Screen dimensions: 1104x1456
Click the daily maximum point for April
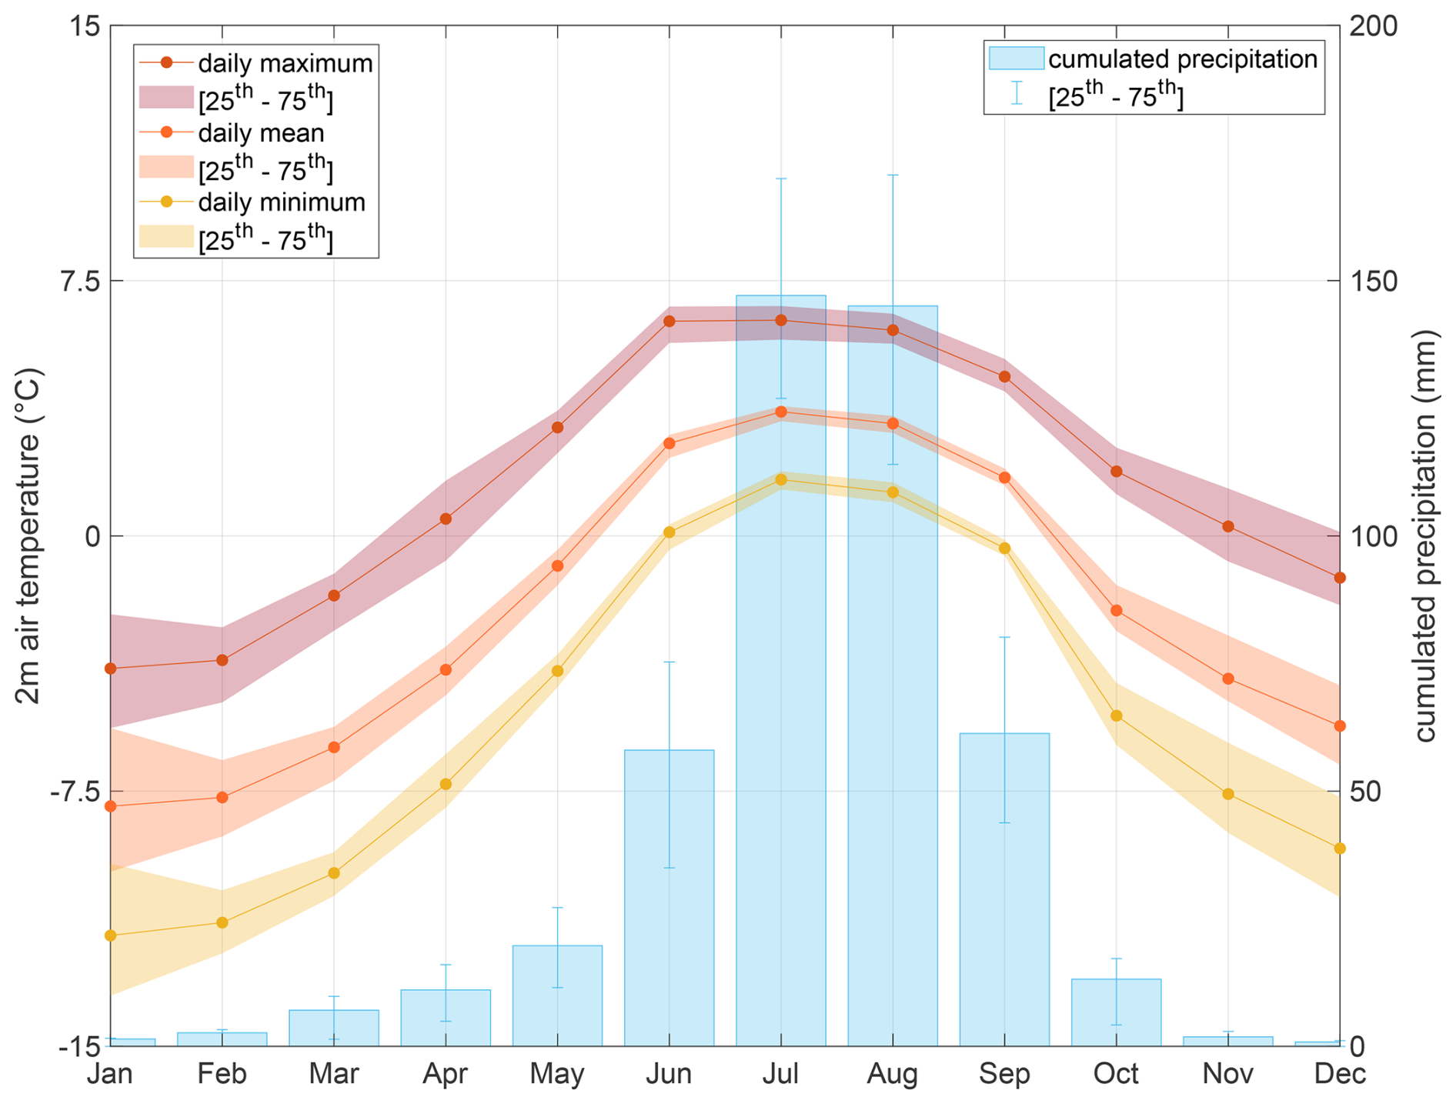pos(446,519)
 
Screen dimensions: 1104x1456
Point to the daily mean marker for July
pos(781,412)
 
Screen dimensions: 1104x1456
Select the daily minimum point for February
pos(222,922)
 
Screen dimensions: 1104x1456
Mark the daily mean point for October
pos(1116,610)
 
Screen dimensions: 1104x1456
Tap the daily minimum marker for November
pos(1227,794)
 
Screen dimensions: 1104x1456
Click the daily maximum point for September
pos(1004,376)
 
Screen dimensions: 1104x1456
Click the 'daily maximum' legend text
pos(285,63)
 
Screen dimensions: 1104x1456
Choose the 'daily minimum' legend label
pos(282,202)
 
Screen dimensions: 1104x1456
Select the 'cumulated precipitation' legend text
pos(1183,59)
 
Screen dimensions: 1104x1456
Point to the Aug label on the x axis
pos(893,1074)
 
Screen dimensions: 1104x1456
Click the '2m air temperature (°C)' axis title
pos(28,535)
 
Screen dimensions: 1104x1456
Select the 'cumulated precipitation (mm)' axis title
pos(1424,535)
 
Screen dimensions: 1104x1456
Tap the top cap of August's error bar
pos(893,175)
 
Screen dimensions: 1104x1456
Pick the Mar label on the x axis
pos(333,1074)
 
